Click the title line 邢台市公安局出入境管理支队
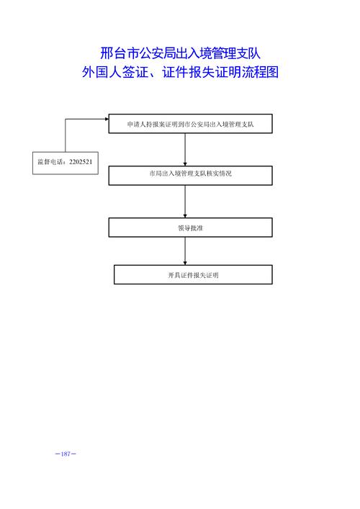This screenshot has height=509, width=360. click(x=180, y=53)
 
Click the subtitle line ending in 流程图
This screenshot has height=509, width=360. click(x=180, y=72)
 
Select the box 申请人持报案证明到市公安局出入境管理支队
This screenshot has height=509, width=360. click(x=190, y=124)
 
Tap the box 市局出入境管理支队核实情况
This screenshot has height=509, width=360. click(x=190, y=175)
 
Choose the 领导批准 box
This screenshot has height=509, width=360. click(x=190, y=228)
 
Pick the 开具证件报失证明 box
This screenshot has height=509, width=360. click(x=193, y=274)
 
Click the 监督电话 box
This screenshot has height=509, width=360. click(x=66, y=163)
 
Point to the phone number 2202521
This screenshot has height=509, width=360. click(x=81, y=162)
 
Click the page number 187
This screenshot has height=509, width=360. click(x=66, y=454)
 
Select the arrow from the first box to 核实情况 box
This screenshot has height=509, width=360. click(x=185, y=149)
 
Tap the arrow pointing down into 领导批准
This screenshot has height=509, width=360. click(x=185, y=202)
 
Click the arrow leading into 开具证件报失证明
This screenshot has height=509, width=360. click(x=185, y=251)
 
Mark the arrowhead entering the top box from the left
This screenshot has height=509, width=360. click(x=107, y=119)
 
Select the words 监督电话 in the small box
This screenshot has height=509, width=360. click(x=50, y=162)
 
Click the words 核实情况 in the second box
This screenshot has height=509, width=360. click(x=220, y=174)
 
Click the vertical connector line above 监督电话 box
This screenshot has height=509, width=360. click(x=66, y=135)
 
